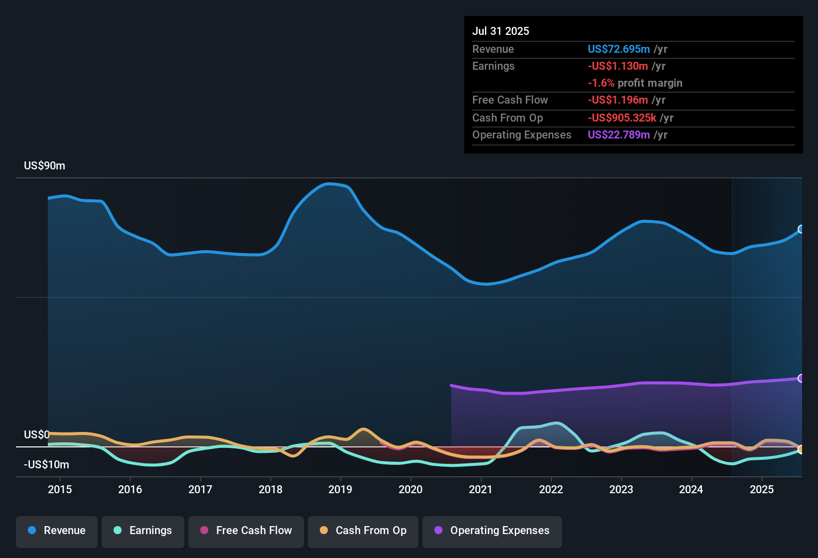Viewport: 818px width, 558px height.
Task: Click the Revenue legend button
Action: click(x=57, y=531)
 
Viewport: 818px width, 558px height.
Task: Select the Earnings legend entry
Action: click(x=143, y=531)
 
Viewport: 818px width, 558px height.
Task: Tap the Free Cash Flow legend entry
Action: click(x=246, y=531)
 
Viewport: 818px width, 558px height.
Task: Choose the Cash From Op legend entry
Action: click(x=363, y=531)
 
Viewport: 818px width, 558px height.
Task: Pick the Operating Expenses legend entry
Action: click(x=492, y=531)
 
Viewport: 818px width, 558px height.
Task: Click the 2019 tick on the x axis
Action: click(x=340, y=489)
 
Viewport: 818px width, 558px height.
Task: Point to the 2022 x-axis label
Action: click(x=551, y=489)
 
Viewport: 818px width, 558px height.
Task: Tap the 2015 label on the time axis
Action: click(x=60, y=489)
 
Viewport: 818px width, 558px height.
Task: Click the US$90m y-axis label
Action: click(x=44, y=166)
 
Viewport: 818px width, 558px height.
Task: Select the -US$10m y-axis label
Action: click(x=46, y=465)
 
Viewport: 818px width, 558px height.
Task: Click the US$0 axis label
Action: click(x=36, y=434)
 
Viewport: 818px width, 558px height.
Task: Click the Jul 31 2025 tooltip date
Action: click(x=501, y=31)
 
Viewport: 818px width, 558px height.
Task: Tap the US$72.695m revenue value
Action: click(x=619, y=49)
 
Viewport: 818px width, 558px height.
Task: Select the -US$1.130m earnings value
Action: click(x=618, y=66)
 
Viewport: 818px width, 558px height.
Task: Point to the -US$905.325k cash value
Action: click(x=622, y=118)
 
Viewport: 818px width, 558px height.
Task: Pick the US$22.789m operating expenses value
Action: click(x=619, y=135)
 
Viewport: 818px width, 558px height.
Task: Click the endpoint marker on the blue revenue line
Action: click(x=801, y=229)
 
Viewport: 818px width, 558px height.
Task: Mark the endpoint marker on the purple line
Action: click(x=801, y=378)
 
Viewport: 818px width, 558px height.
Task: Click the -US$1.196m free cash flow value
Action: click(x=618, y=100)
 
